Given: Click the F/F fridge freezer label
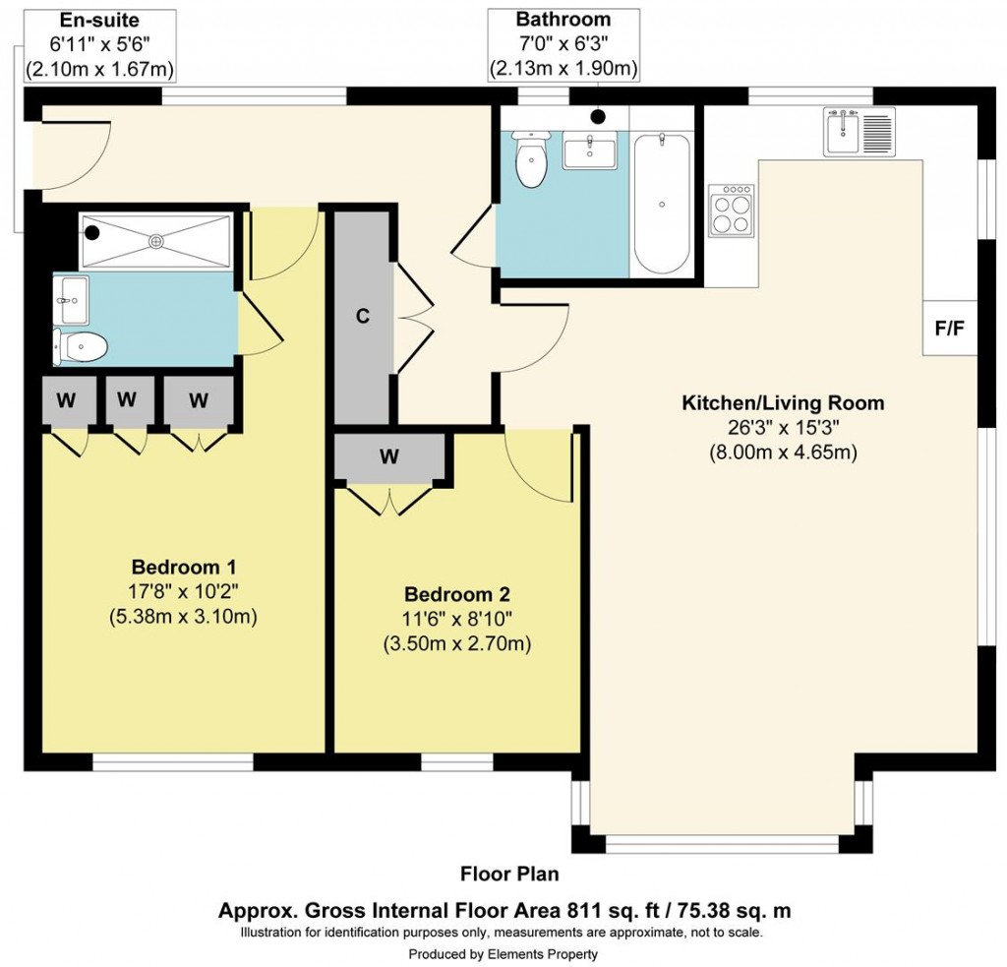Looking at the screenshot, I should (949, 328).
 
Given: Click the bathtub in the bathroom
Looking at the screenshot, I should (662, 204).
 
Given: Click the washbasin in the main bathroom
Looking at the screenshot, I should (589, 153).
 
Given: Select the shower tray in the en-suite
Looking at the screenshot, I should (155, 240).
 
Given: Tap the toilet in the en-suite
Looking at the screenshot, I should (83, 346).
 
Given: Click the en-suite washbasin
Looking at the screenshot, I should (71, 298).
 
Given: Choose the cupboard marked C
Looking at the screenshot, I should (362, 316).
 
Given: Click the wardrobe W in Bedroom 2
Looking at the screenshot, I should (389, 456).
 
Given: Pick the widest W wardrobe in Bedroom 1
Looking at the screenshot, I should (199, 399).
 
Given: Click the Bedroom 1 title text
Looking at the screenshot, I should (183, 568).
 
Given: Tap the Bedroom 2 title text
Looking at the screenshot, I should (456, 595).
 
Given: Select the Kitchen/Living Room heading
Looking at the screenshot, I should (783, 403).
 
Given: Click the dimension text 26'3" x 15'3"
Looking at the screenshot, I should (783, 428).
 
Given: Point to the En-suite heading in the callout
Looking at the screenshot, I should (99, 20).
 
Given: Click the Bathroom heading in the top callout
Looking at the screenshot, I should (563, 20).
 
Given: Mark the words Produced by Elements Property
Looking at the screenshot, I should (503, 953).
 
